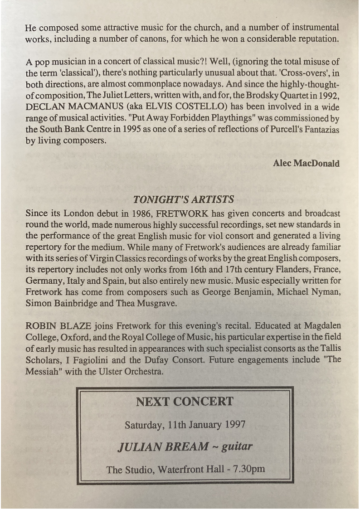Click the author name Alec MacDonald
[x=306, y=163]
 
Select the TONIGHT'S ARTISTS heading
[x=184, y=199]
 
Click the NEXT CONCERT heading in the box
[x=185, y=402]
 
